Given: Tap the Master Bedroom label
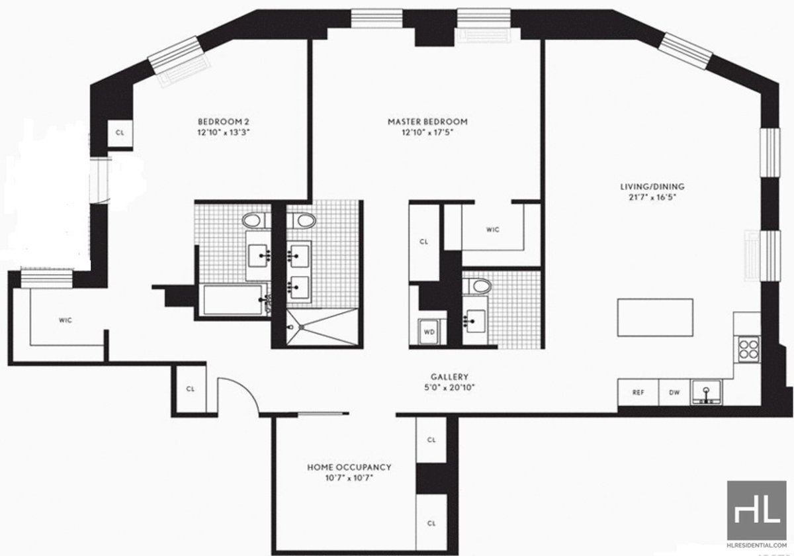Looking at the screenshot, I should click(x=427, y=122).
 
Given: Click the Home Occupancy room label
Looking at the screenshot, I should click(x=344, y=467).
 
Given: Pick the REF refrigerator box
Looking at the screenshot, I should click(x=638, y=393).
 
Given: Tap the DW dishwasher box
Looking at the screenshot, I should click(x=674, y=393).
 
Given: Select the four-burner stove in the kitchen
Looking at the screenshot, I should click(x=748, y=348).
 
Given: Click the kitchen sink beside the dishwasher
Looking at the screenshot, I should click(x=707, y=393).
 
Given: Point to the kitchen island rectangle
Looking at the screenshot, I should click(x=656, y=318).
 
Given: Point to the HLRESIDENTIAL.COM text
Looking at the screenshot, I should click(x=757, y=547).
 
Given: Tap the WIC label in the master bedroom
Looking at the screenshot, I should click(x=492, y=230).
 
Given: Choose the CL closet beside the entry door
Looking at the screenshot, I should click(x=189, y=389).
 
